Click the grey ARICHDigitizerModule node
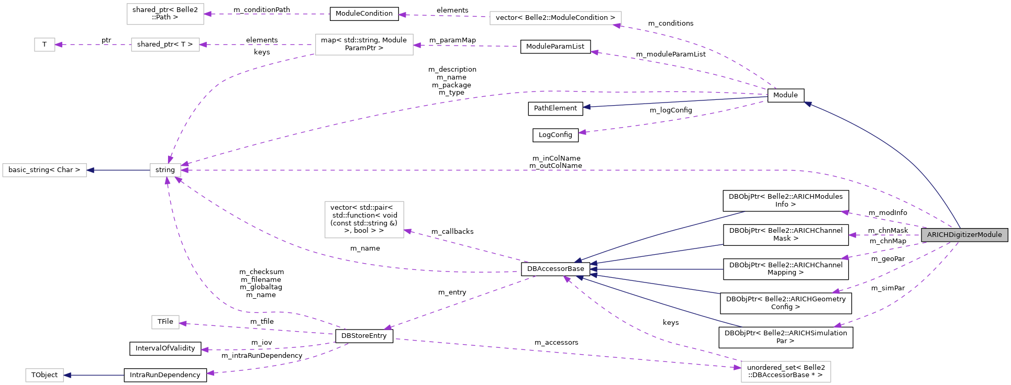[964, 235]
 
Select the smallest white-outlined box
[45, 45]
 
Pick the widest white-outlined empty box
[556, 18]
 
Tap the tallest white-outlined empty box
[364, 220]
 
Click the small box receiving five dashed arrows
[165, 171]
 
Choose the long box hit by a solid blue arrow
[45, 171]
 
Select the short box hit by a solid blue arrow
[45, 375]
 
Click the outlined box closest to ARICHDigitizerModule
[786, 372]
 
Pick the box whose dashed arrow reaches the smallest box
[165, 45]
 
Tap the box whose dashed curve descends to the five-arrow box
[364, 44]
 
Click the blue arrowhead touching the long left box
[91, 171]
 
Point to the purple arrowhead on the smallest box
[59, 45]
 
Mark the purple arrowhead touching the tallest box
[407, 231]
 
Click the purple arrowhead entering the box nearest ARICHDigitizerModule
[737, 367]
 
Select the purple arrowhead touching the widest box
[616, 25]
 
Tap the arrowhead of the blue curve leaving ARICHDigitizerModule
[808, 104]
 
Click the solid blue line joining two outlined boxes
[118, 171]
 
